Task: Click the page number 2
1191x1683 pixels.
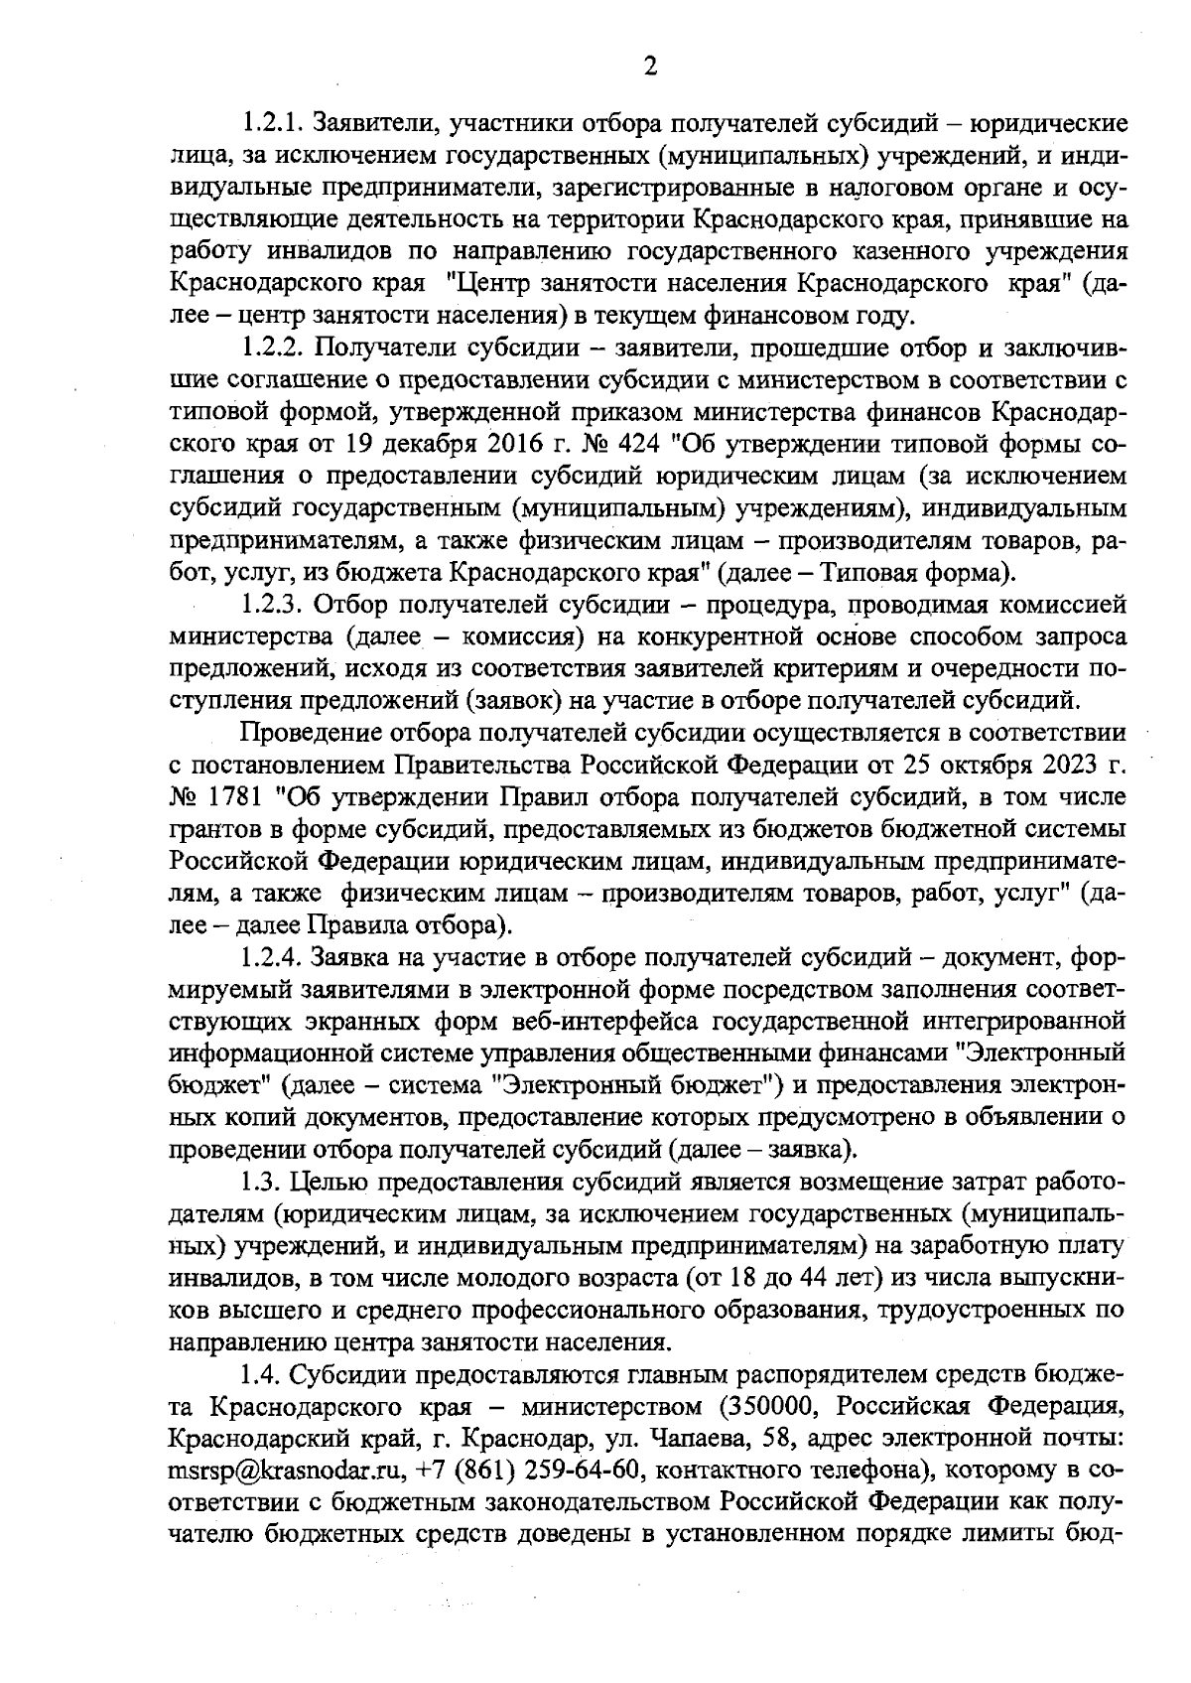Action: click(650, 67)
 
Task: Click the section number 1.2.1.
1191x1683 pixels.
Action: click(274, 124)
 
